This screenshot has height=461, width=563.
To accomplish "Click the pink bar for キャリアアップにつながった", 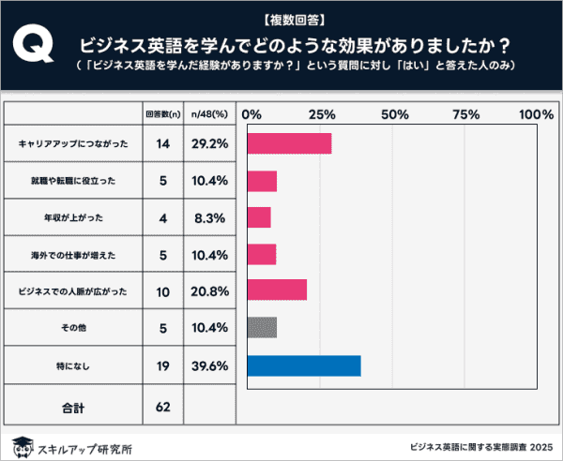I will (289, 143).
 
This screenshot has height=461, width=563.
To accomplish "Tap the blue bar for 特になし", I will (303, 365).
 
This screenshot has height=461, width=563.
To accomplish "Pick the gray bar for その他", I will (262, 328).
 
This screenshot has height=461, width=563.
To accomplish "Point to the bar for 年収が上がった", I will (259, 217).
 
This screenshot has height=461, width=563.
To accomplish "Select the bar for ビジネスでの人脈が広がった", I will (277, 290).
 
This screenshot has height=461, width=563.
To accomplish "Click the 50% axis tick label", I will (394, 114).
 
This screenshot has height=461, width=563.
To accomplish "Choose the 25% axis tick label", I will (322, 114).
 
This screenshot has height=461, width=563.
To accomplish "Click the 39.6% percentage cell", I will (206, 365).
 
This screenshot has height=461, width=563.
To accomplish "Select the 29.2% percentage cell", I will (206, 144).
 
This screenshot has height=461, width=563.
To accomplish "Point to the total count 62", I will (162, 408).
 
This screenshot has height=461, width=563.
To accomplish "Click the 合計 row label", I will (72, 408).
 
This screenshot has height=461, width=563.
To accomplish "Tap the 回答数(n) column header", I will (162, 113).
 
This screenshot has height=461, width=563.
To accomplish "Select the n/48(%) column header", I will (206, 113).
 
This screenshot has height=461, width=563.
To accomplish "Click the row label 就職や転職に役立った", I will (72, 181).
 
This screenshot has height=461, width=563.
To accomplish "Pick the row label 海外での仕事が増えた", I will (72, 255).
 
